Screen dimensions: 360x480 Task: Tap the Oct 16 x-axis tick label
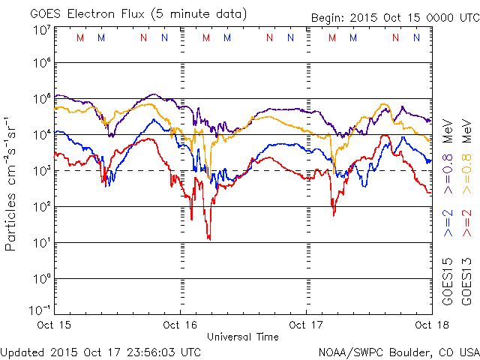pyautogui.click(x=180, y=325)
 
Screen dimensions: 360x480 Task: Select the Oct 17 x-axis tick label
pyautogui.click(x=306, y=325)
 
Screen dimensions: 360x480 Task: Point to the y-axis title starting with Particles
pyautogui.click(x=12, y=184)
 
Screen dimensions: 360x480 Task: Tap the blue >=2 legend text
pyautogui.click(x=447, y=223)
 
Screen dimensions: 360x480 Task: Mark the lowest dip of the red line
pyautogui.click(x=209, y=239)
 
